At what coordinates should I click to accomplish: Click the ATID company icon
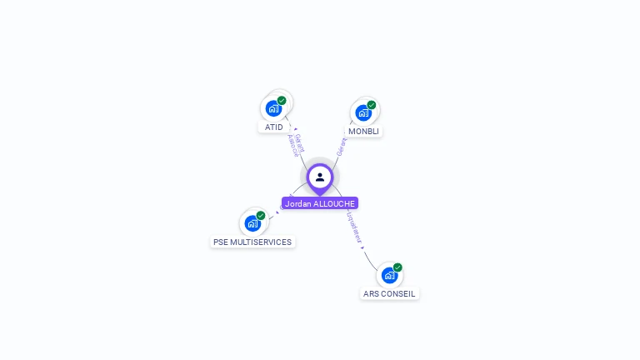(x=273, y=108)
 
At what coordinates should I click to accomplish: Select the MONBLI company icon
(x=362, y=112)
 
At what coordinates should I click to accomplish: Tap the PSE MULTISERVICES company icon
(x=252, y=223)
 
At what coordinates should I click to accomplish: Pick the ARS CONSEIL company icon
(x=389, y=275)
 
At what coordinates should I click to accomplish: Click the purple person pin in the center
(x=319, y=177)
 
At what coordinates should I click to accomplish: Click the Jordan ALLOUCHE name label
(x=320, y=203)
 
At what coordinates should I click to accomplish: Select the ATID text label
(x=273, y=127)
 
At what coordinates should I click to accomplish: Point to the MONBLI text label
(x=363, y=132)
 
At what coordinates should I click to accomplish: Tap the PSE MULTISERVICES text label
(x=252, y=242)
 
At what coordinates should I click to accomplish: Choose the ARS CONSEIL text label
(x=389, y=294)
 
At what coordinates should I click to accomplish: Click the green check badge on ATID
(x=282, y=101)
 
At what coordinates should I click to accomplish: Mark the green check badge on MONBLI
(x=372, y=105)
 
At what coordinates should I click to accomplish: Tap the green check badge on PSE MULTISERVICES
(x=261, y=216)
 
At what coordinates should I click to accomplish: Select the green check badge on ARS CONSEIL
(x=397, y=267)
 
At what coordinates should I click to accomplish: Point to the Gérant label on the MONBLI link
(x=341, y=147)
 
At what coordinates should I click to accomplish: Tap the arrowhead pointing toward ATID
(x=296, y=129)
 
